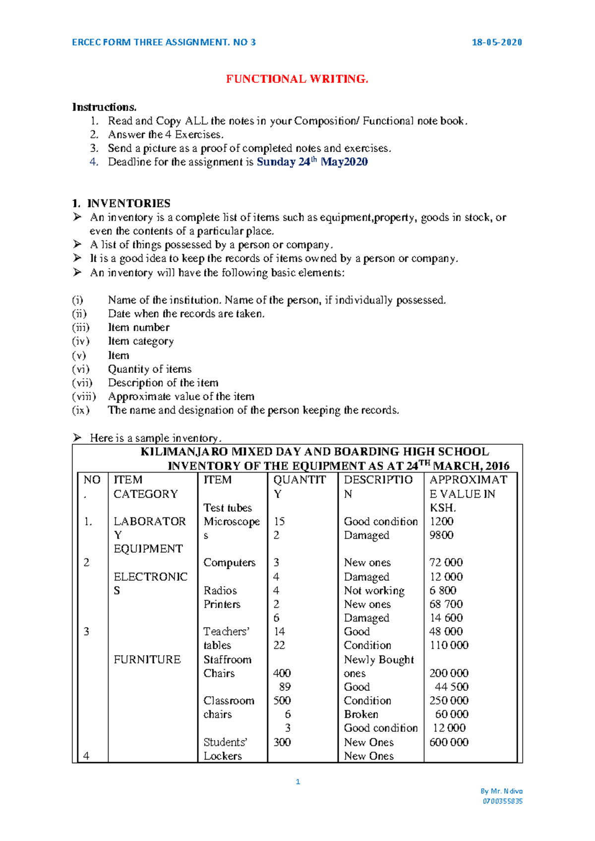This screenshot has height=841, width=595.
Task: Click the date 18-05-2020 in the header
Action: pos(496,42)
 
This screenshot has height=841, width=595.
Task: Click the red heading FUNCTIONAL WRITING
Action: pos(297,79)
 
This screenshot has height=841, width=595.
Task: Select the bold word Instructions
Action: pos(104,107)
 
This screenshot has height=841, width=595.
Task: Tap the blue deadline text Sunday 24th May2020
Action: pos(312,162)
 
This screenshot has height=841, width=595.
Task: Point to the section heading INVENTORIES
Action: pos(128,203)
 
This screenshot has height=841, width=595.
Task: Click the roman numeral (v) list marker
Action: pos(79,356)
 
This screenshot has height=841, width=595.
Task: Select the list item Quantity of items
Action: pos(150,369)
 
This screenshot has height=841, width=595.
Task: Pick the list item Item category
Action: pos(141,341)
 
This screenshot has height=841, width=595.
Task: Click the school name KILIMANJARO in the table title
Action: pos(184,452)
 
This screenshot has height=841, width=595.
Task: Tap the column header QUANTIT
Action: pos(299,480)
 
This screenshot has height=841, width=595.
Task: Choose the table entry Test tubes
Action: pos(228,508)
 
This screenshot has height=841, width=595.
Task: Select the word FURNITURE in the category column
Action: pos(147,660)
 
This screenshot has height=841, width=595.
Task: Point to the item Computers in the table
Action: pos(229,563)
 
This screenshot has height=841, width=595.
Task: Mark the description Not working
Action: pos(374,591)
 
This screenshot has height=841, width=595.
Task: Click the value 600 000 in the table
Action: pos(449,742)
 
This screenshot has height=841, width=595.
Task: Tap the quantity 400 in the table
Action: pos(282,673)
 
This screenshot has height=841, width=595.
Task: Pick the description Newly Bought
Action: pos(379,660)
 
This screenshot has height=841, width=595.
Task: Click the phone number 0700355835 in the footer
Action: pos(502,801)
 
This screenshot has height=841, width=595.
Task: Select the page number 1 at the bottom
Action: pos(297,782)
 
